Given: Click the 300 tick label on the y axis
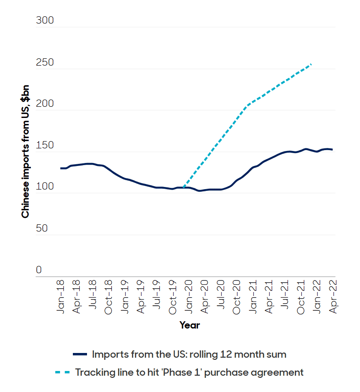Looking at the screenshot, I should pyautogui.click(x=45, y=21).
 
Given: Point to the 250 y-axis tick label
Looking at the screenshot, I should pyautogui.click(x=45, y=62).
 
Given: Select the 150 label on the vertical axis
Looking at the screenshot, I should pyautogui.click(x=45, y=145).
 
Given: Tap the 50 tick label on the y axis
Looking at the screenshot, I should pyautogui.click(x=42, y=228).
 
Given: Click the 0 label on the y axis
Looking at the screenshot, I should pyautogui.click(x=39, y=270).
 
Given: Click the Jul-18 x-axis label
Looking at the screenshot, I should pyautogui.click(x=93, y=296).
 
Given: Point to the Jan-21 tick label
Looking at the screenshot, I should pyautogui.click(x=253, y=296).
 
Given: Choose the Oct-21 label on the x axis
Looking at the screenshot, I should pyautogui.click(x=301, y=296).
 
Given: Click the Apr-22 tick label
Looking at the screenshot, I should pyautogui.click(x=333, y=296).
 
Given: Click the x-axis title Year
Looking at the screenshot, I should pyautogui.click(x=189, y=325).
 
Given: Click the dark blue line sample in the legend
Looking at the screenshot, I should pyautogui.click(x=80, y=355).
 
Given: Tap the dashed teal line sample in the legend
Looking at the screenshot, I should pyautogui.click(x=63, y=372).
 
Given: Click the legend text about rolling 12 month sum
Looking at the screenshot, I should pyautogui.click(x=189, y=355).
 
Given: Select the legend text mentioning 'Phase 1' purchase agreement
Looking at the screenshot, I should pyautogui.click(x=189, y=372).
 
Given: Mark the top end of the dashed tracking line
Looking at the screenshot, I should pyautogui.click(x=311, y=64).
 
